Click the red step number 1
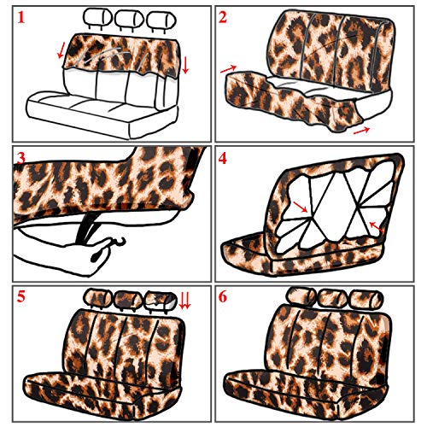click(20, 17)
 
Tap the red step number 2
click(223, 17)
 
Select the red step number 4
click(223, 158)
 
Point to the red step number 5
click(21, 296)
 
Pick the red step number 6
click(223, 296)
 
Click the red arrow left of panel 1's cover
click(61, 50)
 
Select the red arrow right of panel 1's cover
click(185, 65)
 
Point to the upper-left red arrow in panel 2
click(228, 68)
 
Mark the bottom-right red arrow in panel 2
click(361, 131)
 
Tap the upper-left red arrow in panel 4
click(300, 207)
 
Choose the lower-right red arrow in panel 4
click(376, 226)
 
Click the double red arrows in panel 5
click(184, 301)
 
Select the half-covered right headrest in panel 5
click(161, 301)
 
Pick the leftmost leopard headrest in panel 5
click(97, 299)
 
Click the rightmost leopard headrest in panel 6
click(367, 300)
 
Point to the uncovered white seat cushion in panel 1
click(102, 114)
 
